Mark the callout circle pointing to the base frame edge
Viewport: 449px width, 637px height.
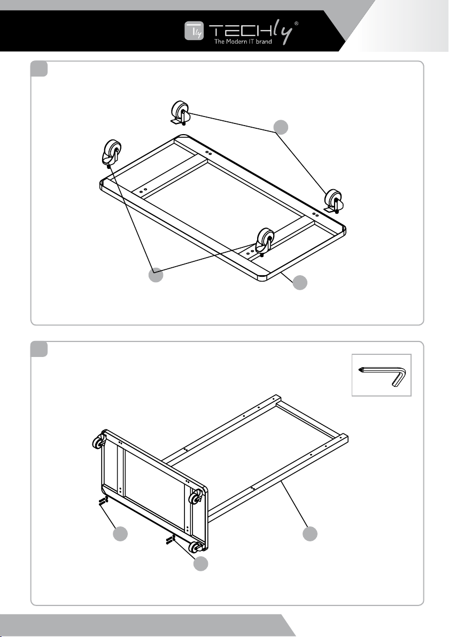click(x=300, y=283)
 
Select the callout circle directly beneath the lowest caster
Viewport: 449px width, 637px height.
click(x=200, y=564)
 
